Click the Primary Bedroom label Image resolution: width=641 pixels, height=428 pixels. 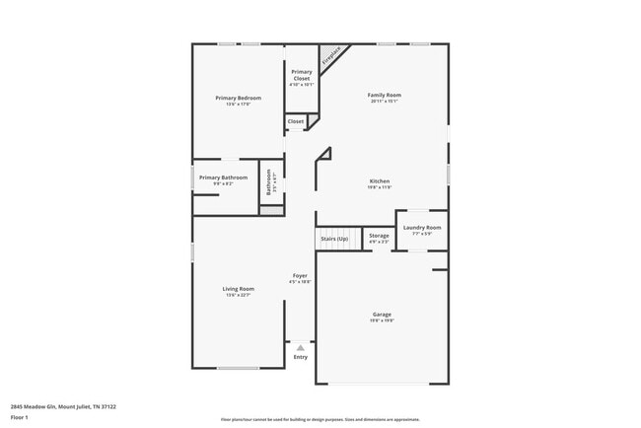[239, 98]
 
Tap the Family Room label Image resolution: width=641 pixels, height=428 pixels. [386, 95]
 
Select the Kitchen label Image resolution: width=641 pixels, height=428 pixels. [380, 180]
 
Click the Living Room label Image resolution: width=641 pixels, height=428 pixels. [240, 288]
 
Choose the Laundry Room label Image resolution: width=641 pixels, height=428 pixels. [421, 227]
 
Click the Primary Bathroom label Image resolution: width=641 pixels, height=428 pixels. [223, 178]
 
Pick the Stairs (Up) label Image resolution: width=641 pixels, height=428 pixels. [333, 239]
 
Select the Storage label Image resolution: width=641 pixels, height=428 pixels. [379, 235]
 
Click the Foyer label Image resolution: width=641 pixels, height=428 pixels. [300, 275]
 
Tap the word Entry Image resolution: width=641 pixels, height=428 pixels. [300, 357]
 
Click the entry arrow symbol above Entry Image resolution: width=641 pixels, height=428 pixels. [300, 347]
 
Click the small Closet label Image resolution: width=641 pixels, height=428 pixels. [296, 121]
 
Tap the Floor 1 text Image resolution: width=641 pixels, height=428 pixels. [20, 416]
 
